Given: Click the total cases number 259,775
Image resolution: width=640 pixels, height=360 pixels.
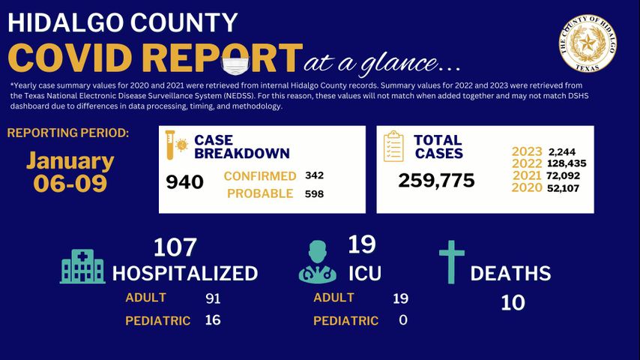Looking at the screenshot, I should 436,181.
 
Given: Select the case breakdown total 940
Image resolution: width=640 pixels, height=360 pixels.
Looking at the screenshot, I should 184,182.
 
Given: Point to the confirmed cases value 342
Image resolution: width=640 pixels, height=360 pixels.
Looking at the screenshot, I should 315,175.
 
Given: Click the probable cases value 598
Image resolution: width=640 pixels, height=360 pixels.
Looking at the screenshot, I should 315,193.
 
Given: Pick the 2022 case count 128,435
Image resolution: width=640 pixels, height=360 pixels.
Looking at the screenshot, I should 567,163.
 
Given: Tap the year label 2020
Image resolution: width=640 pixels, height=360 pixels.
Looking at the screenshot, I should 527,188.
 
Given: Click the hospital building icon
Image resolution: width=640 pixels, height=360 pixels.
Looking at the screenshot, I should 82,266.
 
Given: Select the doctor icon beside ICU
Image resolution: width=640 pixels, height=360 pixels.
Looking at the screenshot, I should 317,262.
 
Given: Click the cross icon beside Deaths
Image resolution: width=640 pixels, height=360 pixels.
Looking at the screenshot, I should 452,262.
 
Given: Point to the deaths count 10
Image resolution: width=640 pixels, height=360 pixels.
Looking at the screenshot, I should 513,302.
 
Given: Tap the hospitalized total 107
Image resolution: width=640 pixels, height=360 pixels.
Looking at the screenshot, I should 175,247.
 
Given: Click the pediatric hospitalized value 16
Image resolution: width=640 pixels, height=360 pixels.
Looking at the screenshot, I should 213,320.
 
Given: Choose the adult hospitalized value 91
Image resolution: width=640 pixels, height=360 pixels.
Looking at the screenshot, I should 213,298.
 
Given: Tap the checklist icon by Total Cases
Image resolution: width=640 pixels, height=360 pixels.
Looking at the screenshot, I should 393,146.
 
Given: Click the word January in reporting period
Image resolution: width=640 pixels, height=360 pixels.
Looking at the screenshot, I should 70,160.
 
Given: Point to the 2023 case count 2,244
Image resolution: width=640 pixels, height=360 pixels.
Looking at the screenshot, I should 562,151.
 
